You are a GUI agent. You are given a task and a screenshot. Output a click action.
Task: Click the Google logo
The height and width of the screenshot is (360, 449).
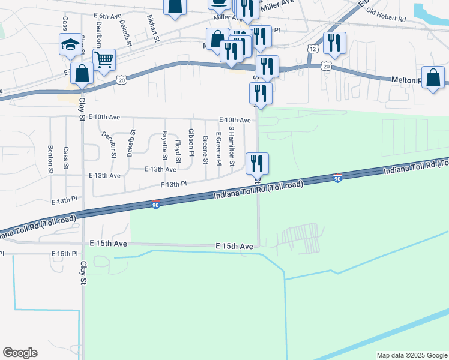[x=20, y=353]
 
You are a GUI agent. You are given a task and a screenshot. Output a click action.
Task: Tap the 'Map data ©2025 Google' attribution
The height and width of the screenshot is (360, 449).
[x=411, y=355]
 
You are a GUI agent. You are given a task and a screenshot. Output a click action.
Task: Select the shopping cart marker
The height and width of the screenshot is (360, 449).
[x=104, y=59]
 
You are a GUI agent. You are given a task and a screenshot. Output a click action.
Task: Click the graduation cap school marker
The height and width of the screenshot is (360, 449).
[x=70, y=44]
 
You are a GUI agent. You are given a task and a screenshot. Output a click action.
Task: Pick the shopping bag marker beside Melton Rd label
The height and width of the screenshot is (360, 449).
[x=433, y=77]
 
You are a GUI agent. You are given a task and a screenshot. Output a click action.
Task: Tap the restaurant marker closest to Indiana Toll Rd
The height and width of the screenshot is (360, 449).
[x=257, y=163]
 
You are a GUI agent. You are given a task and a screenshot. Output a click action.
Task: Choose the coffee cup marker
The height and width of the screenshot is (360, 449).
[x=219, y=3]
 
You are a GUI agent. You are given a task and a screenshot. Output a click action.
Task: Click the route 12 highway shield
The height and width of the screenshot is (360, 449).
[x=312, y=48]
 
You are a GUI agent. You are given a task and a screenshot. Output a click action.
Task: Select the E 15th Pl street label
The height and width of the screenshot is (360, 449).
[x=65, y=254]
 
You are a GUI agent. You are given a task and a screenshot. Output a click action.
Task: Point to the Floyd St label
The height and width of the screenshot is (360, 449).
[x=178, y=151]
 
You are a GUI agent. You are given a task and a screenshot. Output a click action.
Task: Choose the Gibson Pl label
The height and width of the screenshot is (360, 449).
[x=191, y=142]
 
